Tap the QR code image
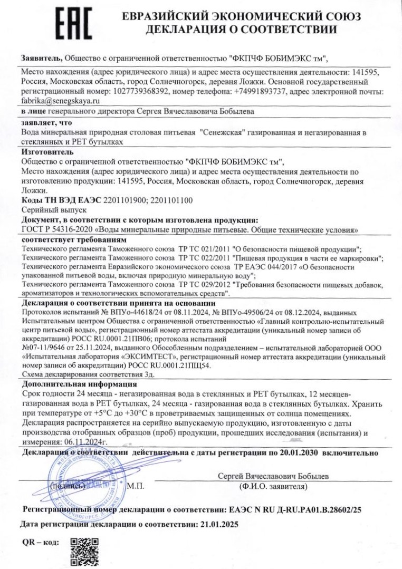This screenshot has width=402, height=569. click(84, 551)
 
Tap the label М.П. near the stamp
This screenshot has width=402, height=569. click(136, 486)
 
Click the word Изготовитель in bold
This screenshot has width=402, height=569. click(43, 152)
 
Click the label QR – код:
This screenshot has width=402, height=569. click(41, 542)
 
